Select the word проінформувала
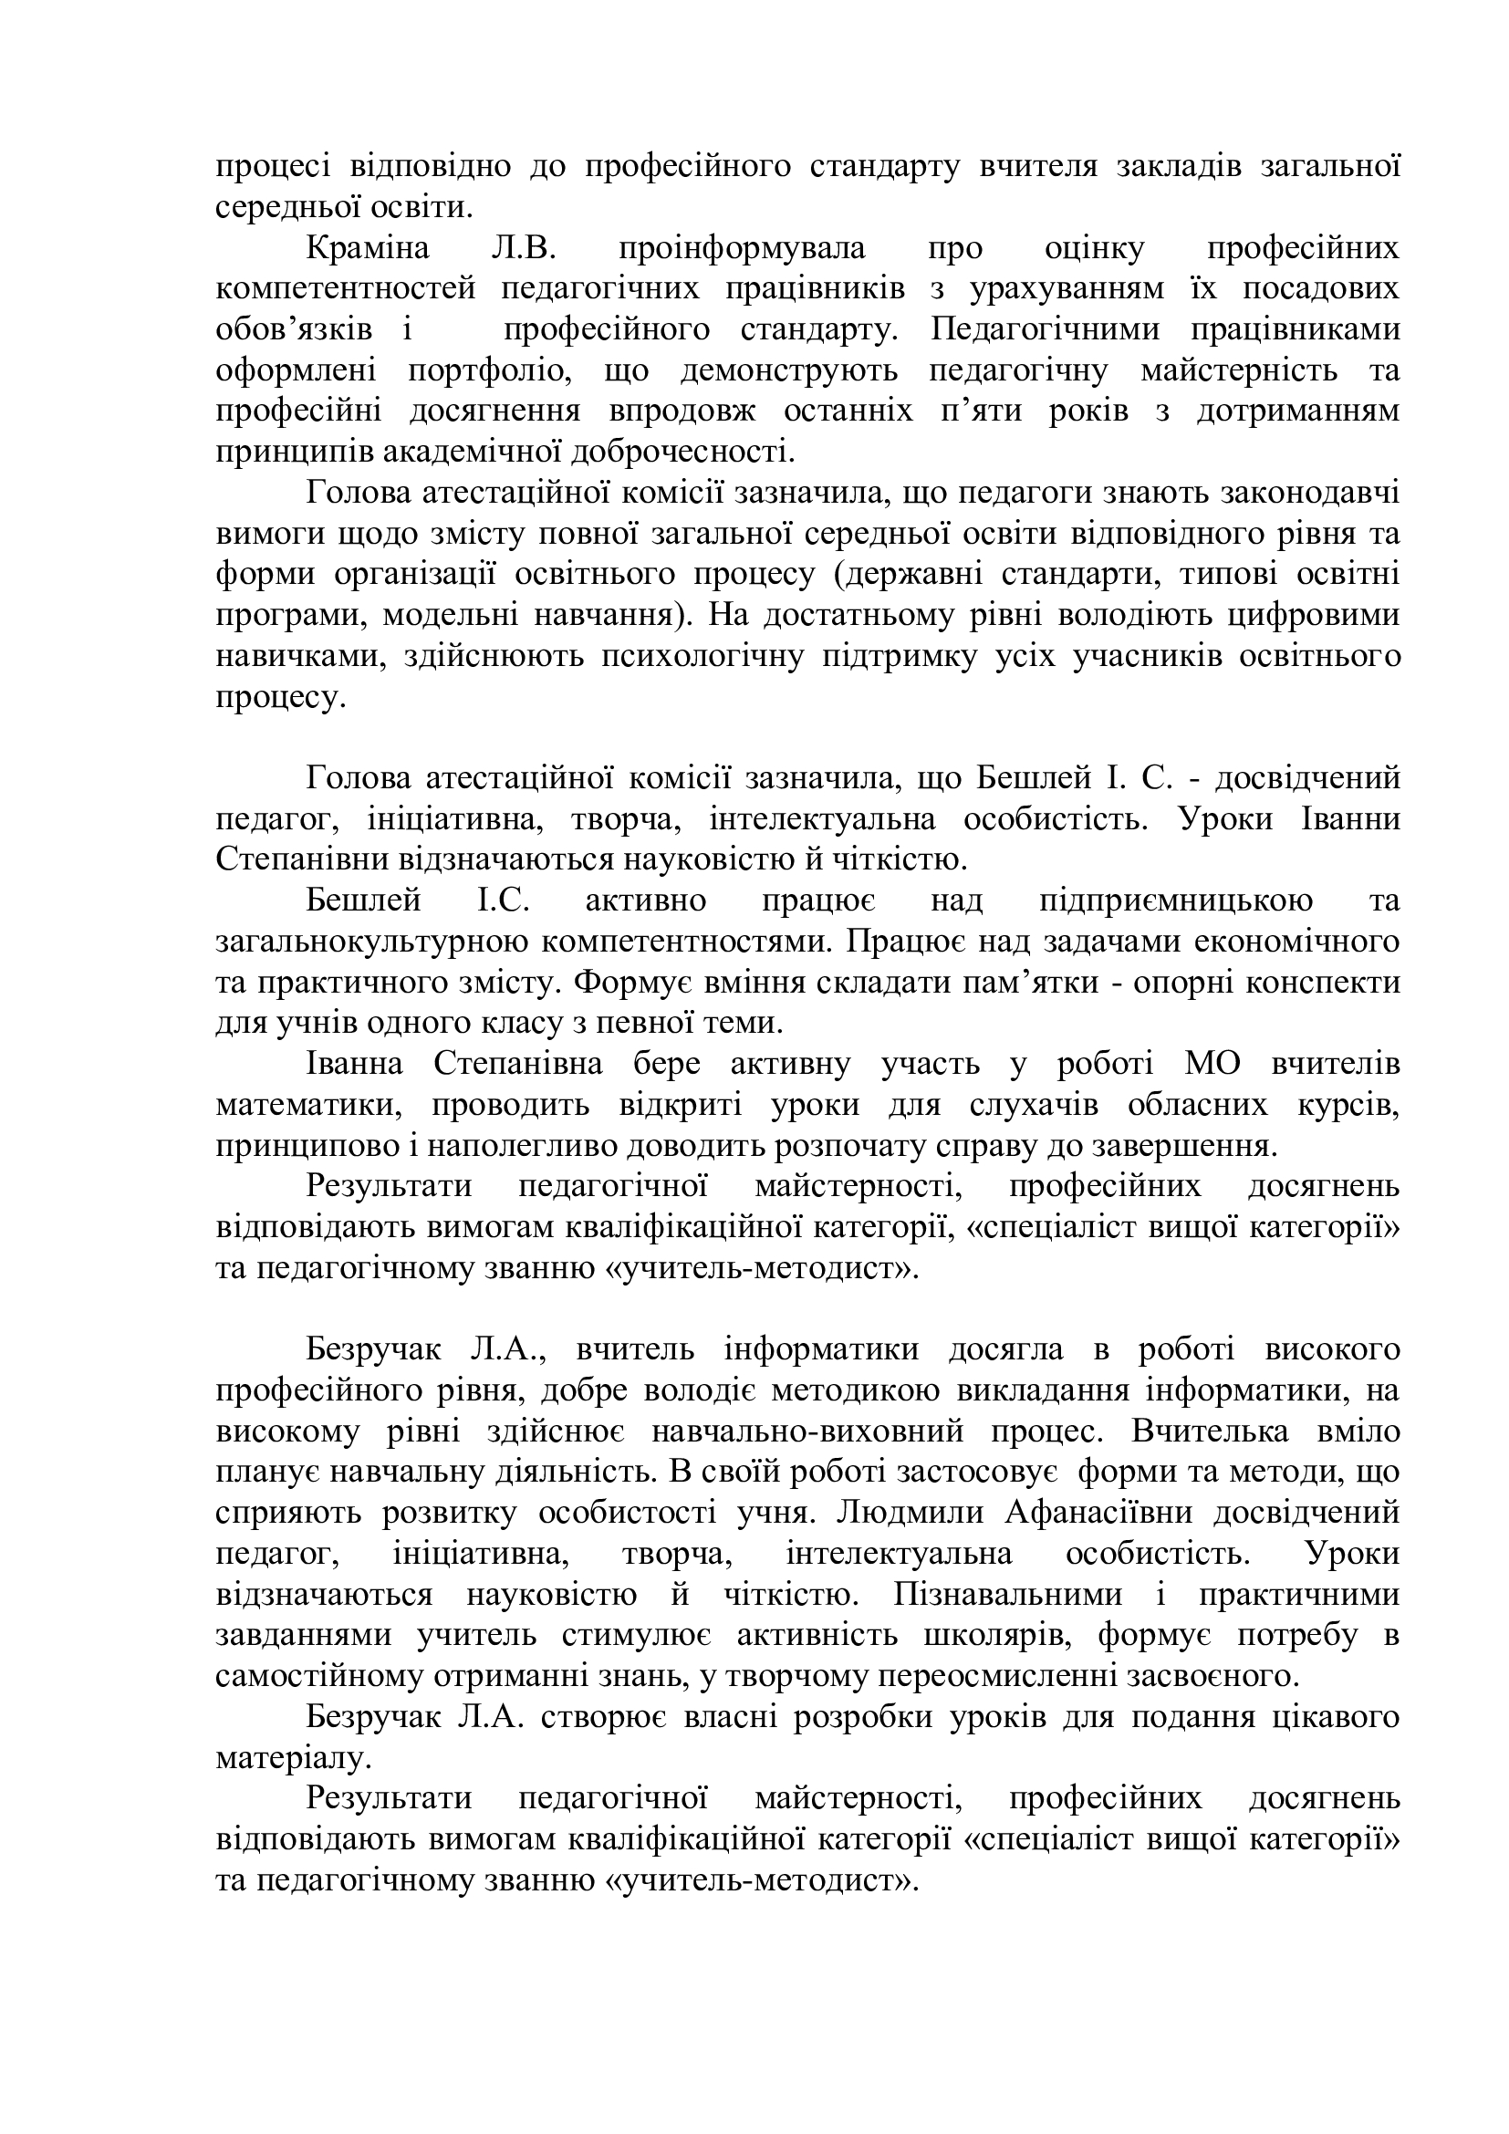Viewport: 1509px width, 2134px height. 741,249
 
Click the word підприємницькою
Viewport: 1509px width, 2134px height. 1175,900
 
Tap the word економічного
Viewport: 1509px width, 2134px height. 1292,942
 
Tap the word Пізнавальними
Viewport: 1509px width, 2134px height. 1007,1594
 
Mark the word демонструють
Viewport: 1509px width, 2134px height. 789,370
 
